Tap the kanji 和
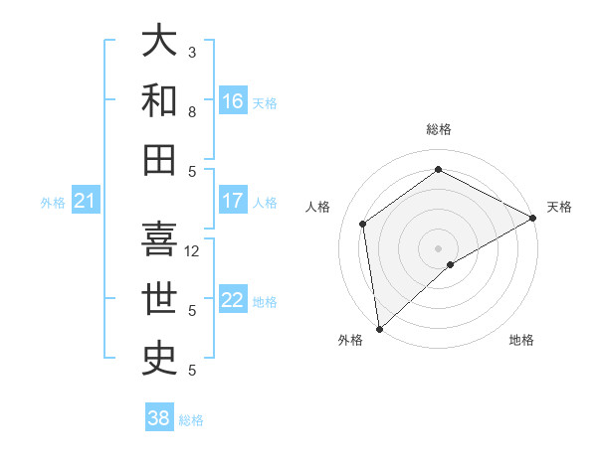click(x=160, y=99)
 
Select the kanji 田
click(x=160, y=158)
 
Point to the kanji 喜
click(x=160, y=238)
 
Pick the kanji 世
click(x=160, y=298)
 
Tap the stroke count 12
click(x=193, y=251)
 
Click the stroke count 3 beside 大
click(x=192, y=52)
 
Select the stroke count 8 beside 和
click(x=192, y=112)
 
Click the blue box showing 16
click(x=233, y=101)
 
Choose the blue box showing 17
click(x=233, y=201)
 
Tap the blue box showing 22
click(x=233, y=300)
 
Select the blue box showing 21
click(x=85, y=202)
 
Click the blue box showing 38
click(x=158, y=418)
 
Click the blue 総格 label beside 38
click(x=192, y=420)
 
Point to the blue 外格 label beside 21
click(x=53, y=203)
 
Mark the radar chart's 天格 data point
click(x=533, y=219)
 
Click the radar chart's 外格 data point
click(x=379, y=329)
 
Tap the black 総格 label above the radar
click(x=438, y=129)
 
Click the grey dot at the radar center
click(x=438, y=246)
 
